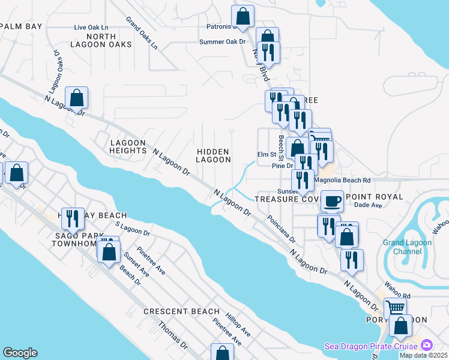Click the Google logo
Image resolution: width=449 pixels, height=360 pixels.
pos(20,353)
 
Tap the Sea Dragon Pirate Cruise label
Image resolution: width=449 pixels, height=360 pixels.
pos(372,346)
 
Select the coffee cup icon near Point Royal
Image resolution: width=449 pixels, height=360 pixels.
pos(332,201)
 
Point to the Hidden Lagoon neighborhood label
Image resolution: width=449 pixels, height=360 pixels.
pos(214,156)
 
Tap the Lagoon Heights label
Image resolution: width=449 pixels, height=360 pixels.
pos(128,146)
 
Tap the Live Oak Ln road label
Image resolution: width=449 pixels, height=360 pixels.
pos(91,28)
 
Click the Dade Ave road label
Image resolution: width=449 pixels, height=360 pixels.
pos(369,205)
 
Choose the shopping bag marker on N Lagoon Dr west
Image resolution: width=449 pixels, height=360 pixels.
pos(77,97)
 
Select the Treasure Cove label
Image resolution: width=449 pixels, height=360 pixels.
pos(282,198)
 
